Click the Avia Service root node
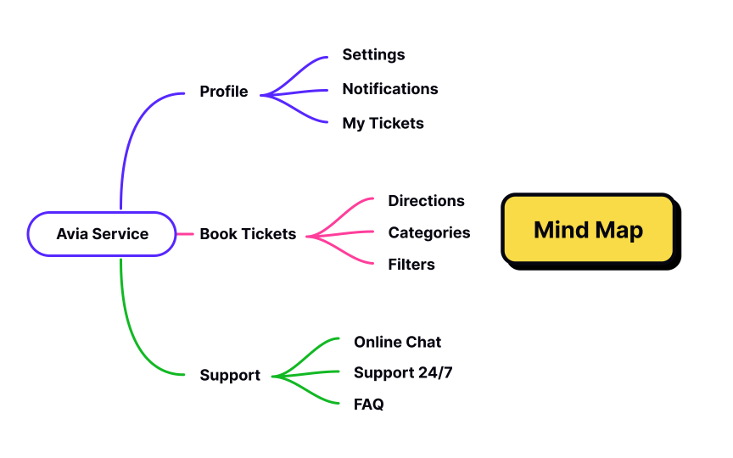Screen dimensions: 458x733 point(102,234)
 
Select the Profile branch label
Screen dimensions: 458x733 point(224,92)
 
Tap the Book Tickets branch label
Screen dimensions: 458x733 point(248,234)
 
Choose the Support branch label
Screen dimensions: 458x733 point(230,375)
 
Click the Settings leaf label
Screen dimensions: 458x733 point(373,54)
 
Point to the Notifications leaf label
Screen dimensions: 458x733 point(390,89)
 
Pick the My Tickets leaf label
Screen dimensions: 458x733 point(383,123)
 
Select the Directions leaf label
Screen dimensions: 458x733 point(426,201)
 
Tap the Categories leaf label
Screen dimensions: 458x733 point(428,232)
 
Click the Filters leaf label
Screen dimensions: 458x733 point(411,265)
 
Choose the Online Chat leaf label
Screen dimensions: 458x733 point(397,342)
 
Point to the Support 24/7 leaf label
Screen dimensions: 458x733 point(403,372)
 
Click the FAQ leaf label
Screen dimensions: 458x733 point(368,405)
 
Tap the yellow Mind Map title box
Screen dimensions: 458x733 point(589,230)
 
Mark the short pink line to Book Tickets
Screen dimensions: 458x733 point(184,234)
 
